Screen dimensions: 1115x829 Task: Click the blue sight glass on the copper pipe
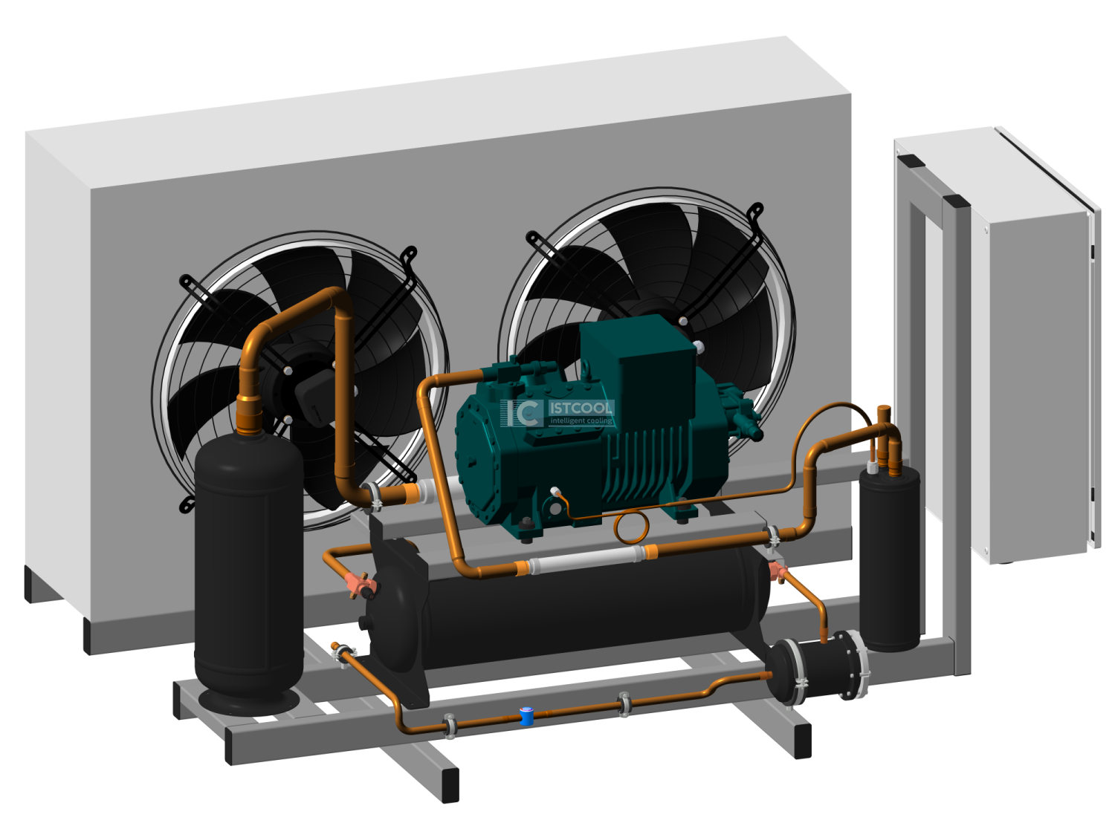526,716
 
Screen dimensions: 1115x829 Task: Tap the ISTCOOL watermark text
581,408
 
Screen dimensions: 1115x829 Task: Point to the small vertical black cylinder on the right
889,558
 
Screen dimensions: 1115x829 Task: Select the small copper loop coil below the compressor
631,527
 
